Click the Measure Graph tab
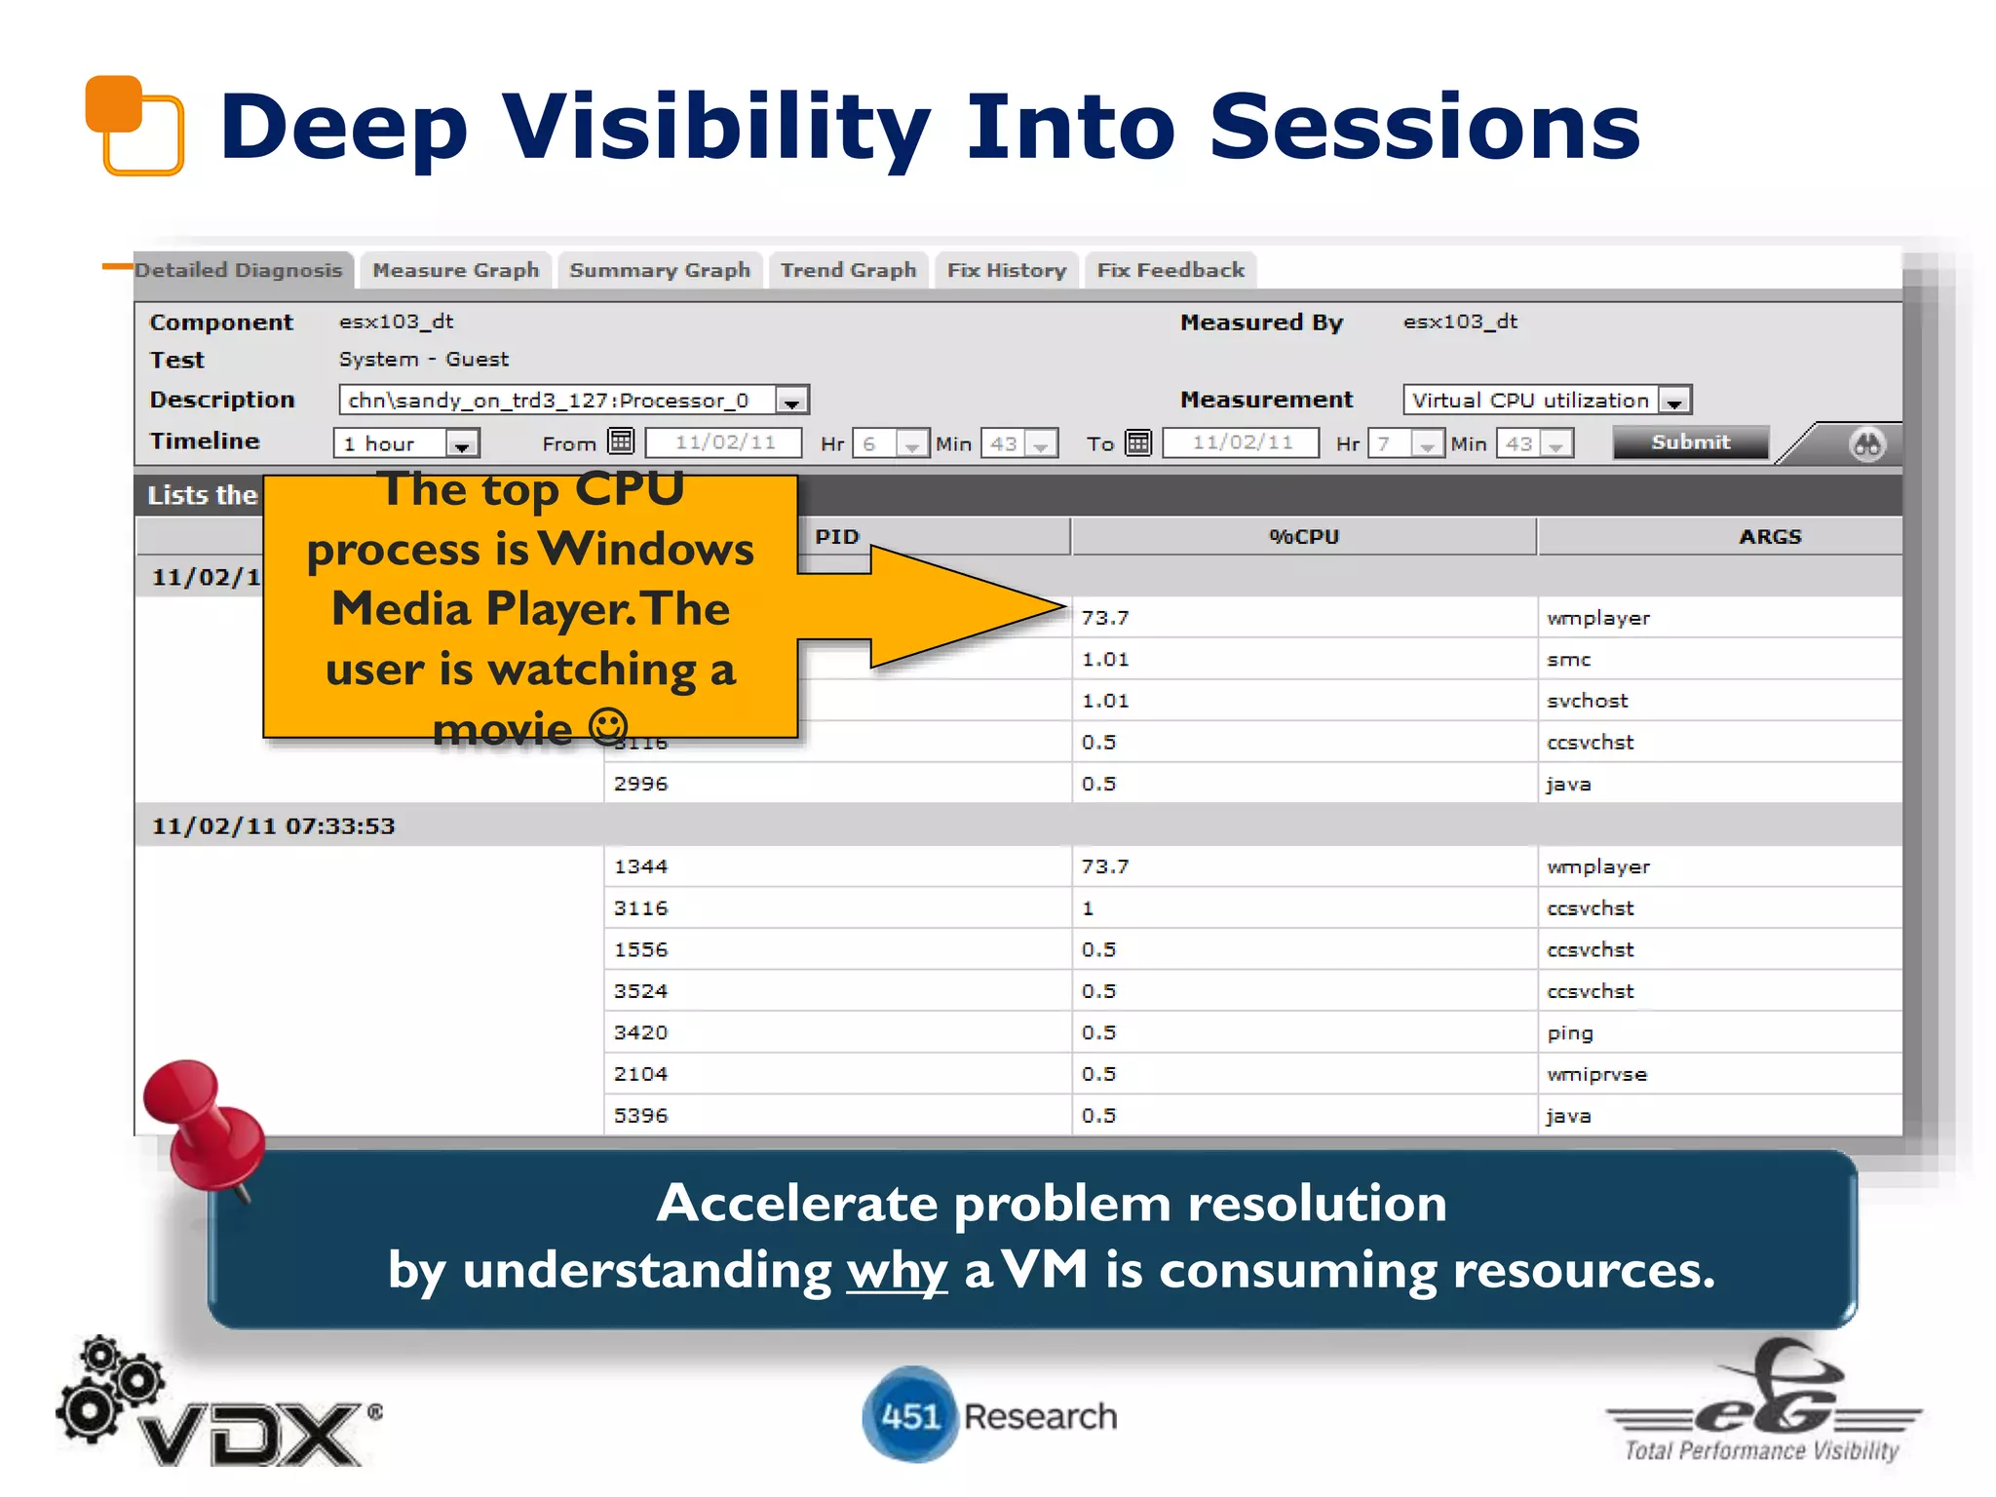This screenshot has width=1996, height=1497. coord(455,270)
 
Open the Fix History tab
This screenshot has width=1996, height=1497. coord(1006,270)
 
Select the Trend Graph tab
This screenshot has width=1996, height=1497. coord(848,270)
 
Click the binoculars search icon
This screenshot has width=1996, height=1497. coord(1866,444)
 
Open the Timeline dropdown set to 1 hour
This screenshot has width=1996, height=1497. coord(462,444)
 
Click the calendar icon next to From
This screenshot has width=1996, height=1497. coord(621,441)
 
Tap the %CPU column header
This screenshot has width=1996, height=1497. coord(1303,537)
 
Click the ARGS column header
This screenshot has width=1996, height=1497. coord(1769,537)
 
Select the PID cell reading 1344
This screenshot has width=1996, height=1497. coord(640,866)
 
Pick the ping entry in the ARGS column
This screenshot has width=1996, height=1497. coord(1569,1033)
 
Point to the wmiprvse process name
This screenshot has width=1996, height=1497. coord(1595,1074)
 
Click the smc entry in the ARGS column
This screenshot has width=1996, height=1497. coord(1568,660)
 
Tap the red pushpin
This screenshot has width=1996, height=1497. coord(203,1121)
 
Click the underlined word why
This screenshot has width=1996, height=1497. coord(896,1271)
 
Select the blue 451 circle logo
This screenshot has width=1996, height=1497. coord(908,1415)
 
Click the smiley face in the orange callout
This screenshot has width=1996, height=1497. coord(608,726)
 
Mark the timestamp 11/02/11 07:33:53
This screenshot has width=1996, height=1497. coord(273,826)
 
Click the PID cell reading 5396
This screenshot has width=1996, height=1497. coord(640,1116)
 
